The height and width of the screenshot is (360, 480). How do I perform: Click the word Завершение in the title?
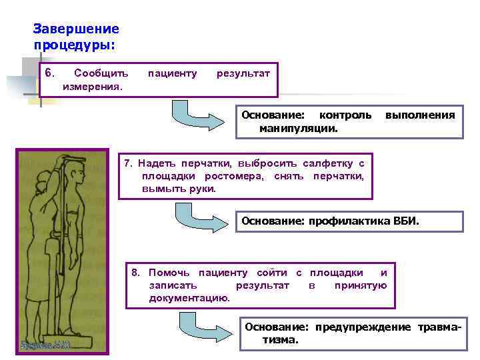[x=76, y=29]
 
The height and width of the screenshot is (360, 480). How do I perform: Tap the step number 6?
[x=49, y=72]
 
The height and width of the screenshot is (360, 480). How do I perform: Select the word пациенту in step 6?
[x=172, y=73]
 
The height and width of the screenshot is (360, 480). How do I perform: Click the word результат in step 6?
[x=243, y=73]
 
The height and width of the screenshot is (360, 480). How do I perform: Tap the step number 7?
[x=130, y=163]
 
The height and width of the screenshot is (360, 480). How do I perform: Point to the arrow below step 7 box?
[x=199, y=219]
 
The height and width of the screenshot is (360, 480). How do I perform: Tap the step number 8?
[x=135, y=273]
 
